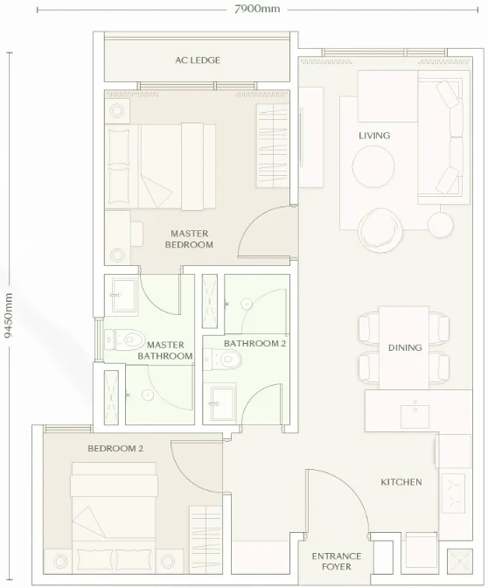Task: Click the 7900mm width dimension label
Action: (x=257, y=9)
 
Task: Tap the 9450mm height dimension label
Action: (x=8, y=315)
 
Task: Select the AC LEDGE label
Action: (x=198, y=60)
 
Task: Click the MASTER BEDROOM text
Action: (x=189, y=239)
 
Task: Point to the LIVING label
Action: (x=374, y=136)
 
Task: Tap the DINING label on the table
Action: (x=405, y=347)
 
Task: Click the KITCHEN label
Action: (x=401, y=482)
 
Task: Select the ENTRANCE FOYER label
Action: (x=337, y=561)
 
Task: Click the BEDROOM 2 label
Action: (x=115, y=449)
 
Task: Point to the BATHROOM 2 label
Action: (x=254, y=344)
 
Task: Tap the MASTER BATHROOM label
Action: (x=165, y=350)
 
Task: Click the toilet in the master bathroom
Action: (x=124, y=339)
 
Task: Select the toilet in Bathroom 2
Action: (x=222, y=360)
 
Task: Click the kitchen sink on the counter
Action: (x=415, y=416)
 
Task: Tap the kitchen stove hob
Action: (x=454, y=493)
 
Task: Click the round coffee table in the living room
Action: (x=373, y=166)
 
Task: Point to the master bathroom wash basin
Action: (x=123, y=295)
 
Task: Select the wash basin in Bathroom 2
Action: (x=223, y=403)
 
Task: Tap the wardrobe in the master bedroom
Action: (x=273, y=145)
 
